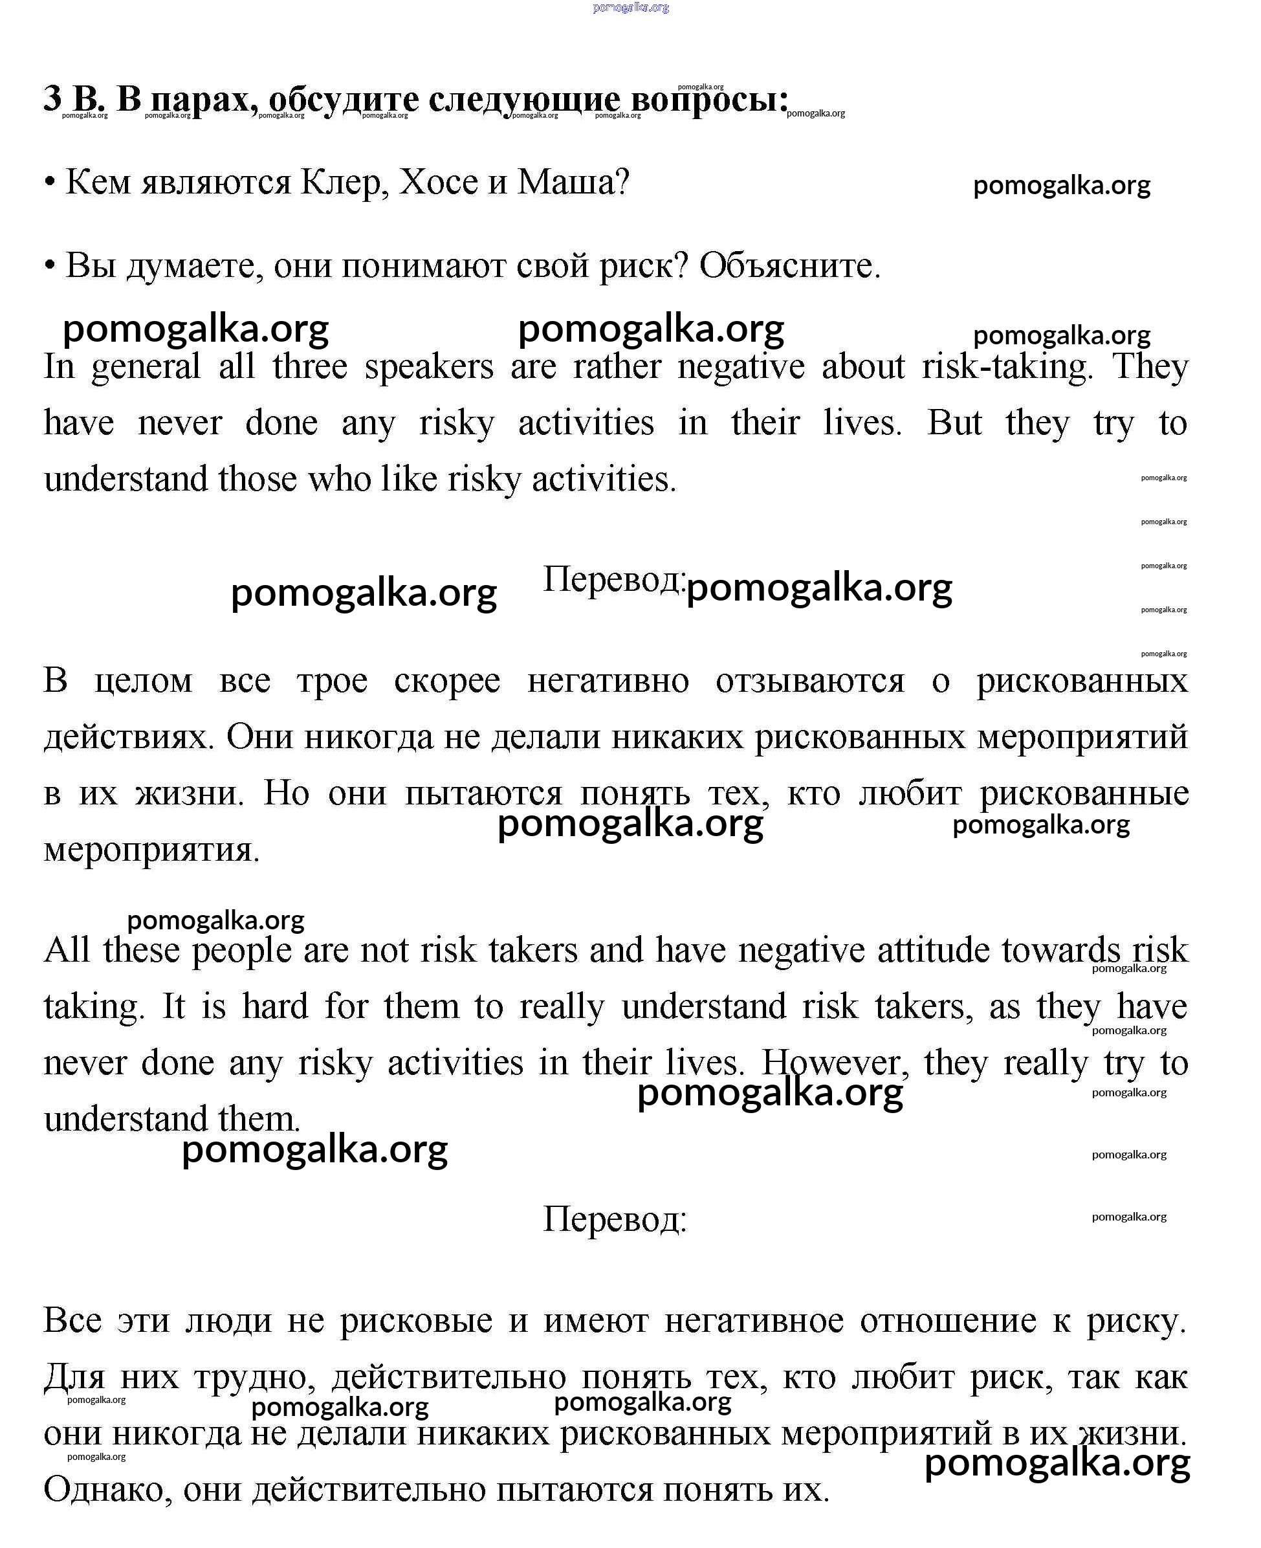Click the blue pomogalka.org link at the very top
tap(630, 7)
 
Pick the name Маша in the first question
tap(572, 182)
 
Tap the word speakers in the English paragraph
tap(428, 367)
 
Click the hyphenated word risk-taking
tap(1007, 367)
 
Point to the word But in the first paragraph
tap(954, 423)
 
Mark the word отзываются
tap(809, 681)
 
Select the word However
tap(834, 1063)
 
